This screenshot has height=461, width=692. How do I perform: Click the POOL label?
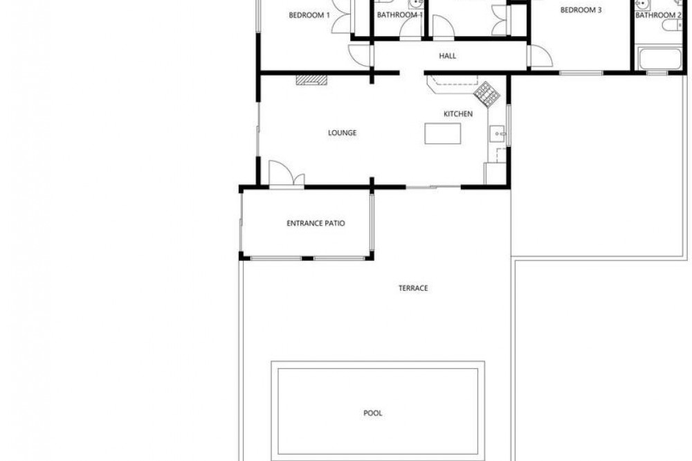coord(373,413)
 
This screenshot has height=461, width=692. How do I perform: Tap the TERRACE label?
coord(413,289)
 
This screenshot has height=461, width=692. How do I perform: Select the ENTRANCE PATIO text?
coord(316,224)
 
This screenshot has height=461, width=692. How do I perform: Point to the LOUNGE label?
coord(342,133)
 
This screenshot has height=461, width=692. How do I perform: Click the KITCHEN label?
coord(458,114)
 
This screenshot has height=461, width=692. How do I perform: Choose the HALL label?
coord(448,56)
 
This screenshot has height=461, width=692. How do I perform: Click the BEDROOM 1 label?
coord(309,15)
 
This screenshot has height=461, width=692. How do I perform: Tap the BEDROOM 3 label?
coord(581,10)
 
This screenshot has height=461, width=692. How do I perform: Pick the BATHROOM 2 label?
coord(659,15)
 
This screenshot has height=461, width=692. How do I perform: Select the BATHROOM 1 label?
coord(400,15)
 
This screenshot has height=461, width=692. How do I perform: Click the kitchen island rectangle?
coord(443,134)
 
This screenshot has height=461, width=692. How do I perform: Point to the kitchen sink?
coord(497,134)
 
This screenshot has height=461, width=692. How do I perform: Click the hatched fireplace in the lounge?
coord(311,80)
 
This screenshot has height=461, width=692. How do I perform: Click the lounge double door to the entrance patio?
coord(286,175)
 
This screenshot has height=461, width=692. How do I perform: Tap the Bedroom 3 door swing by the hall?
coord(540,57)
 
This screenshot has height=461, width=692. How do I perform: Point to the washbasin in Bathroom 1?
coord(415,4)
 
